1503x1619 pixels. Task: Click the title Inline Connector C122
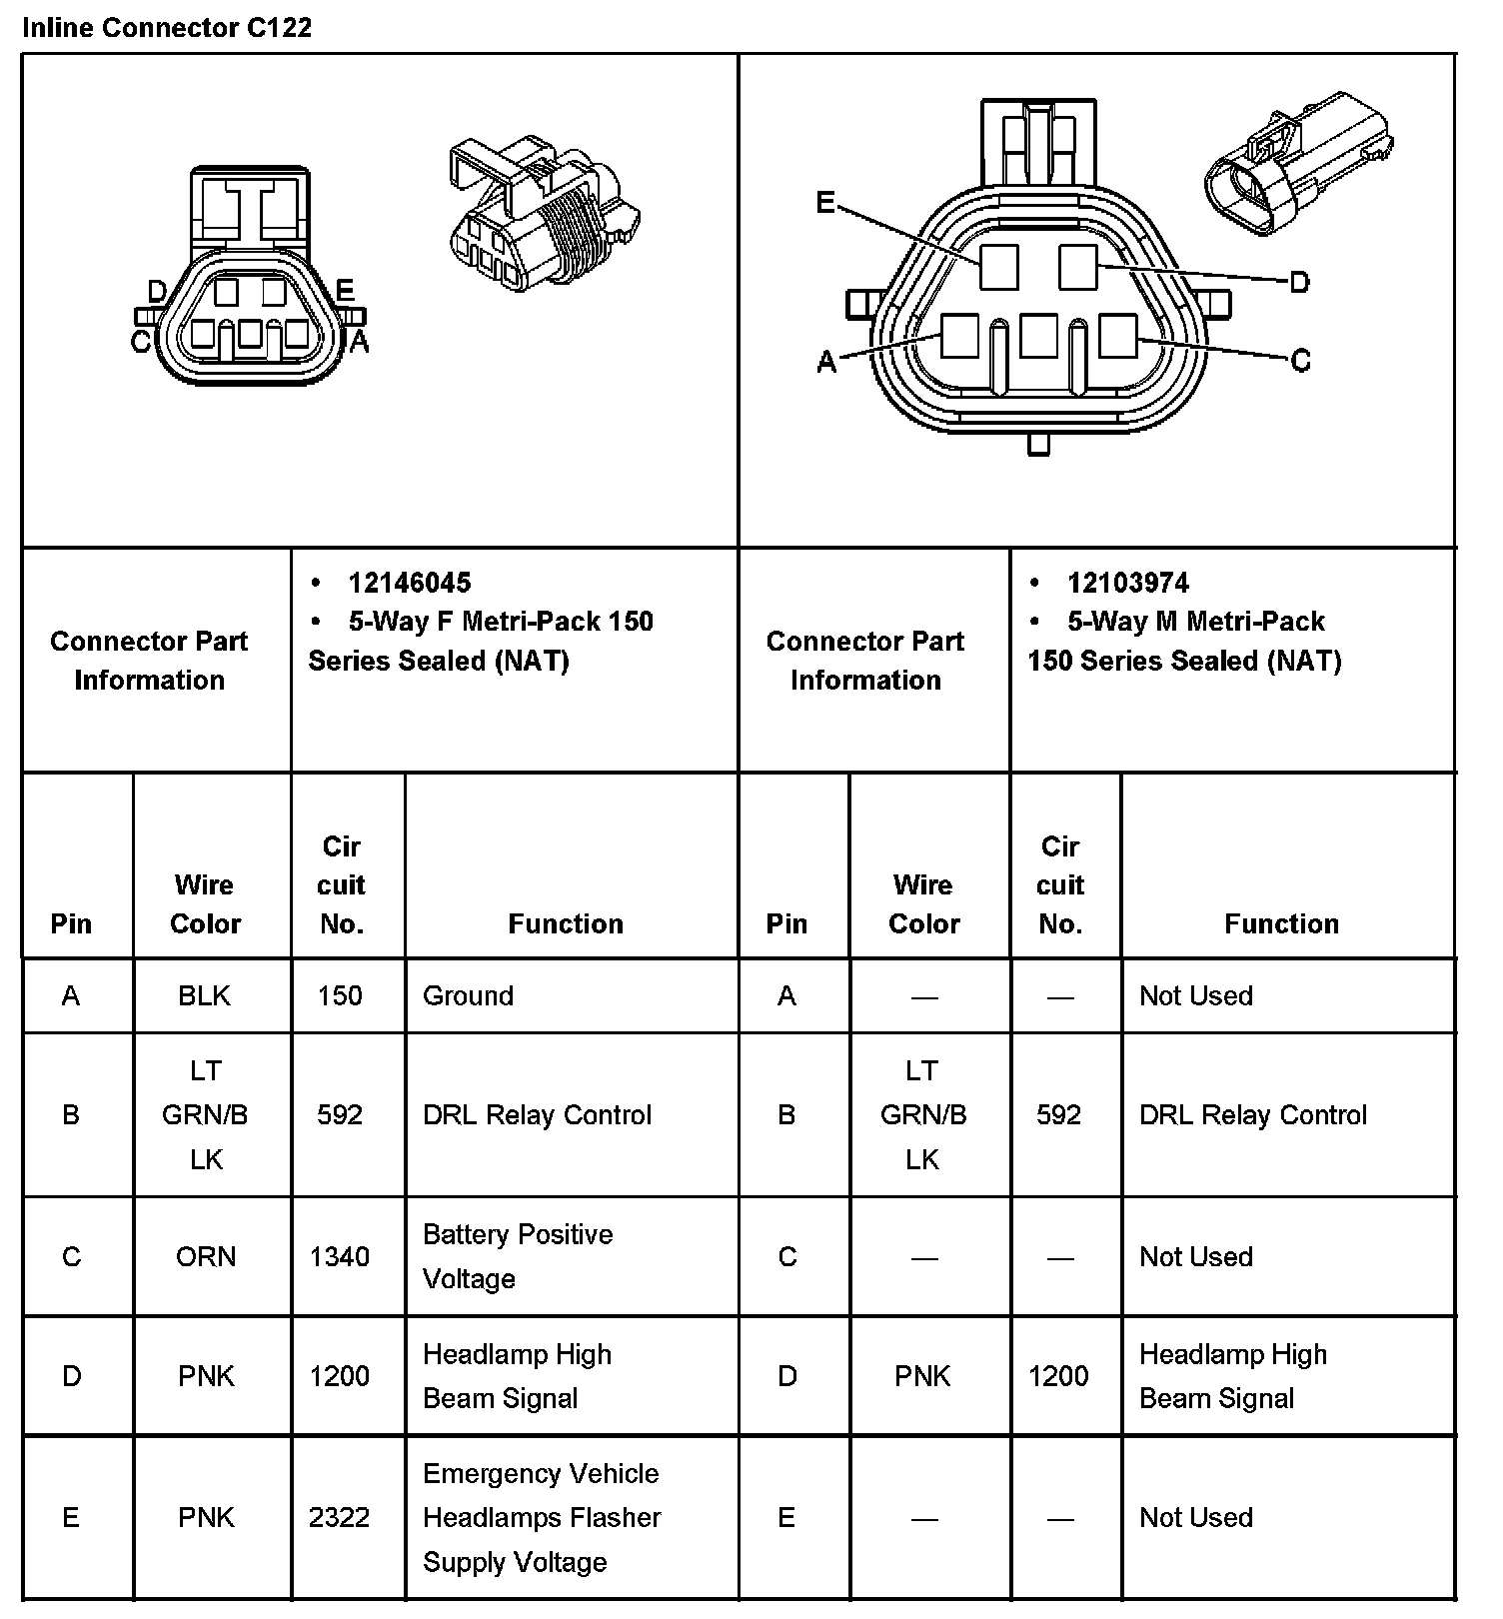[x=167, y=27]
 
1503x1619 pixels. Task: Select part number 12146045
[x=409, y=583]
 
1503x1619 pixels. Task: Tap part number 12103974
[x=1127, y=583]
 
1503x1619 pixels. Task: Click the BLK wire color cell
[x=205, y=995]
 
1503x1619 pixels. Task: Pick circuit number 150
[x=340, y=995]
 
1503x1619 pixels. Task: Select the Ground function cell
[x=468, y=995]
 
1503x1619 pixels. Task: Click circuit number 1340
[x=340, y=1256]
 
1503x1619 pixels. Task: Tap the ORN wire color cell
[x=206, y=1256]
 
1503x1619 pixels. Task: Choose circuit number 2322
[x=340, y=1517]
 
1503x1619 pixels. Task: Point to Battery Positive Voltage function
[x=518, y=1256]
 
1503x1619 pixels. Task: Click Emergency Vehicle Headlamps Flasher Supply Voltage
[x=542, y=1517]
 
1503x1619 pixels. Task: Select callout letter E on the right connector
[x=825, y=203]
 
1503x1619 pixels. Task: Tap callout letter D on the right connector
[x=1299, y=283]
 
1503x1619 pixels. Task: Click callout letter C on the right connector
[x=1300, y=360]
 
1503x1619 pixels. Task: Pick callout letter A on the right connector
[x=826, y=361]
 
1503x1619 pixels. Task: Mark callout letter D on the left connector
[x=157, y=292]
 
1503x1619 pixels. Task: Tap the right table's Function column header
[x=1281, y=923]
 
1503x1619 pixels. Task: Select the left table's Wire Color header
[x=205, y=903]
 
